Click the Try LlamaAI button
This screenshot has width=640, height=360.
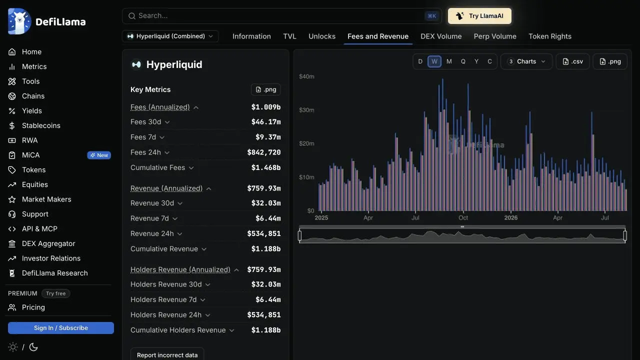point(479,16)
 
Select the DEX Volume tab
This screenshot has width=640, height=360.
point(441,36)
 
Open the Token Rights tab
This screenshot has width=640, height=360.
point(549,36)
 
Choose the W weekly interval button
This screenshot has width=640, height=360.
point(434,61)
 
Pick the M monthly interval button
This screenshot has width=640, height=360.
point(449,61)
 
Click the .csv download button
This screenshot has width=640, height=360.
point(572,61)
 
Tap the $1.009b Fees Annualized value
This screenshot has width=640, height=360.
point(265,107)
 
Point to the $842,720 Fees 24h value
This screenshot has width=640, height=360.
point(263,152)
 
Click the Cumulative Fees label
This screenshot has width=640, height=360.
point(157,167)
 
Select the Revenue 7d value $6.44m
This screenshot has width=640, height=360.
point(268,218)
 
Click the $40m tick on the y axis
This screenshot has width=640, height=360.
point(306,76)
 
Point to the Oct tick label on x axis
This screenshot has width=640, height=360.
point(463,217)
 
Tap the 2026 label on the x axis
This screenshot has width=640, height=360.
point(511,217)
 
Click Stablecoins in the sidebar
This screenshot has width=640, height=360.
point(41,125)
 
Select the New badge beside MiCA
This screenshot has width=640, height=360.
point(99,155)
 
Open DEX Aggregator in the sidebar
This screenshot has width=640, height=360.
point(48,243)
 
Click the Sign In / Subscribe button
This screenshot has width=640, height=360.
point(61,328)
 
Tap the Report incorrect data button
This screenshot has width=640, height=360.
point(167,355)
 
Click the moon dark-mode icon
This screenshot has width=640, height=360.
point(33,347)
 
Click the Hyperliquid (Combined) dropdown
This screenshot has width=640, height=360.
point(170,36)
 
